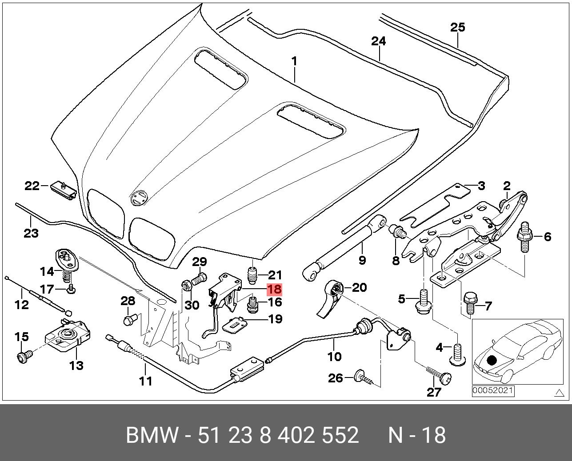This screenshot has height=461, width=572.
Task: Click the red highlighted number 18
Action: point(274,290)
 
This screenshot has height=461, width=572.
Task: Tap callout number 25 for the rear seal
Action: point(457,27)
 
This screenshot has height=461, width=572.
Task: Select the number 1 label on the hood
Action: point(294,61)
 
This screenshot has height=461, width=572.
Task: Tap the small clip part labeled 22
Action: point(63,190)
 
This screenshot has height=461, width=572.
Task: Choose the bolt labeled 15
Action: point(25,356)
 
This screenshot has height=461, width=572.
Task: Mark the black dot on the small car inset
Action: point(491,360)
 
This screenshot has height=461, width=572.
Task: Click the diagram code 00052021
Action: point(493,391)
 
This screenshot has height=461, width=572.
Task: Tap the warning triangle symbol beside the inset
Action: point(558,392)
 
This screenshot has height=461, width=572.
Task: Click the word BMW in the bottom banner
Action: point(152,435)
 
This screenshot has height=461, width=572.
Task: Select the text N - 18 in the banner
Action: point(416,435)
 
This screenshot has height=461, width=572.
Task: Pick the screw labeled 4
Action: point(458,356)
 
